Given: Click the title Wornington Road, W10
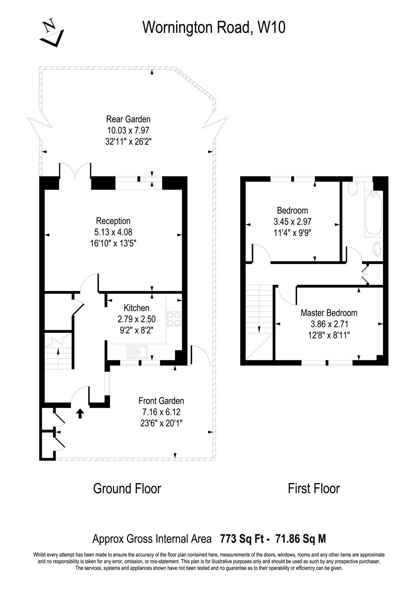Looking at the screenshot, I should pos(214,28).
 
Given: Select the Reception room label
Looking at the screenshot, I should pos(113,221).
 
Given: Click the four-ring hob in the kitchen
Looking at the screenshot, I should pos(174,319).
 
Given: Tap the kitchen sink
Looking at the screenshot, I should pos(137,352).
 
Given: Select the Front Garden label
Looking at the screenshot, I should pos(161,401).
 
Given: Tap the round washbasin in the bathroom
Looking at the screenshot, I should pos(377,249).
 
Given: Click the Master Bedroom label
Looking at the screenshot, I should pos(329,313).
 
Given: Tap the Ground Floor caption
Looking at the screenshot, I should pos(127,489).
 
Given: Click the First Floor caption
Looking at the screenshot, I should pos(313,489).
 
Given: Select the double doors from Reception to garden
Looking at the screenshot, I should pos(75,172).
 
